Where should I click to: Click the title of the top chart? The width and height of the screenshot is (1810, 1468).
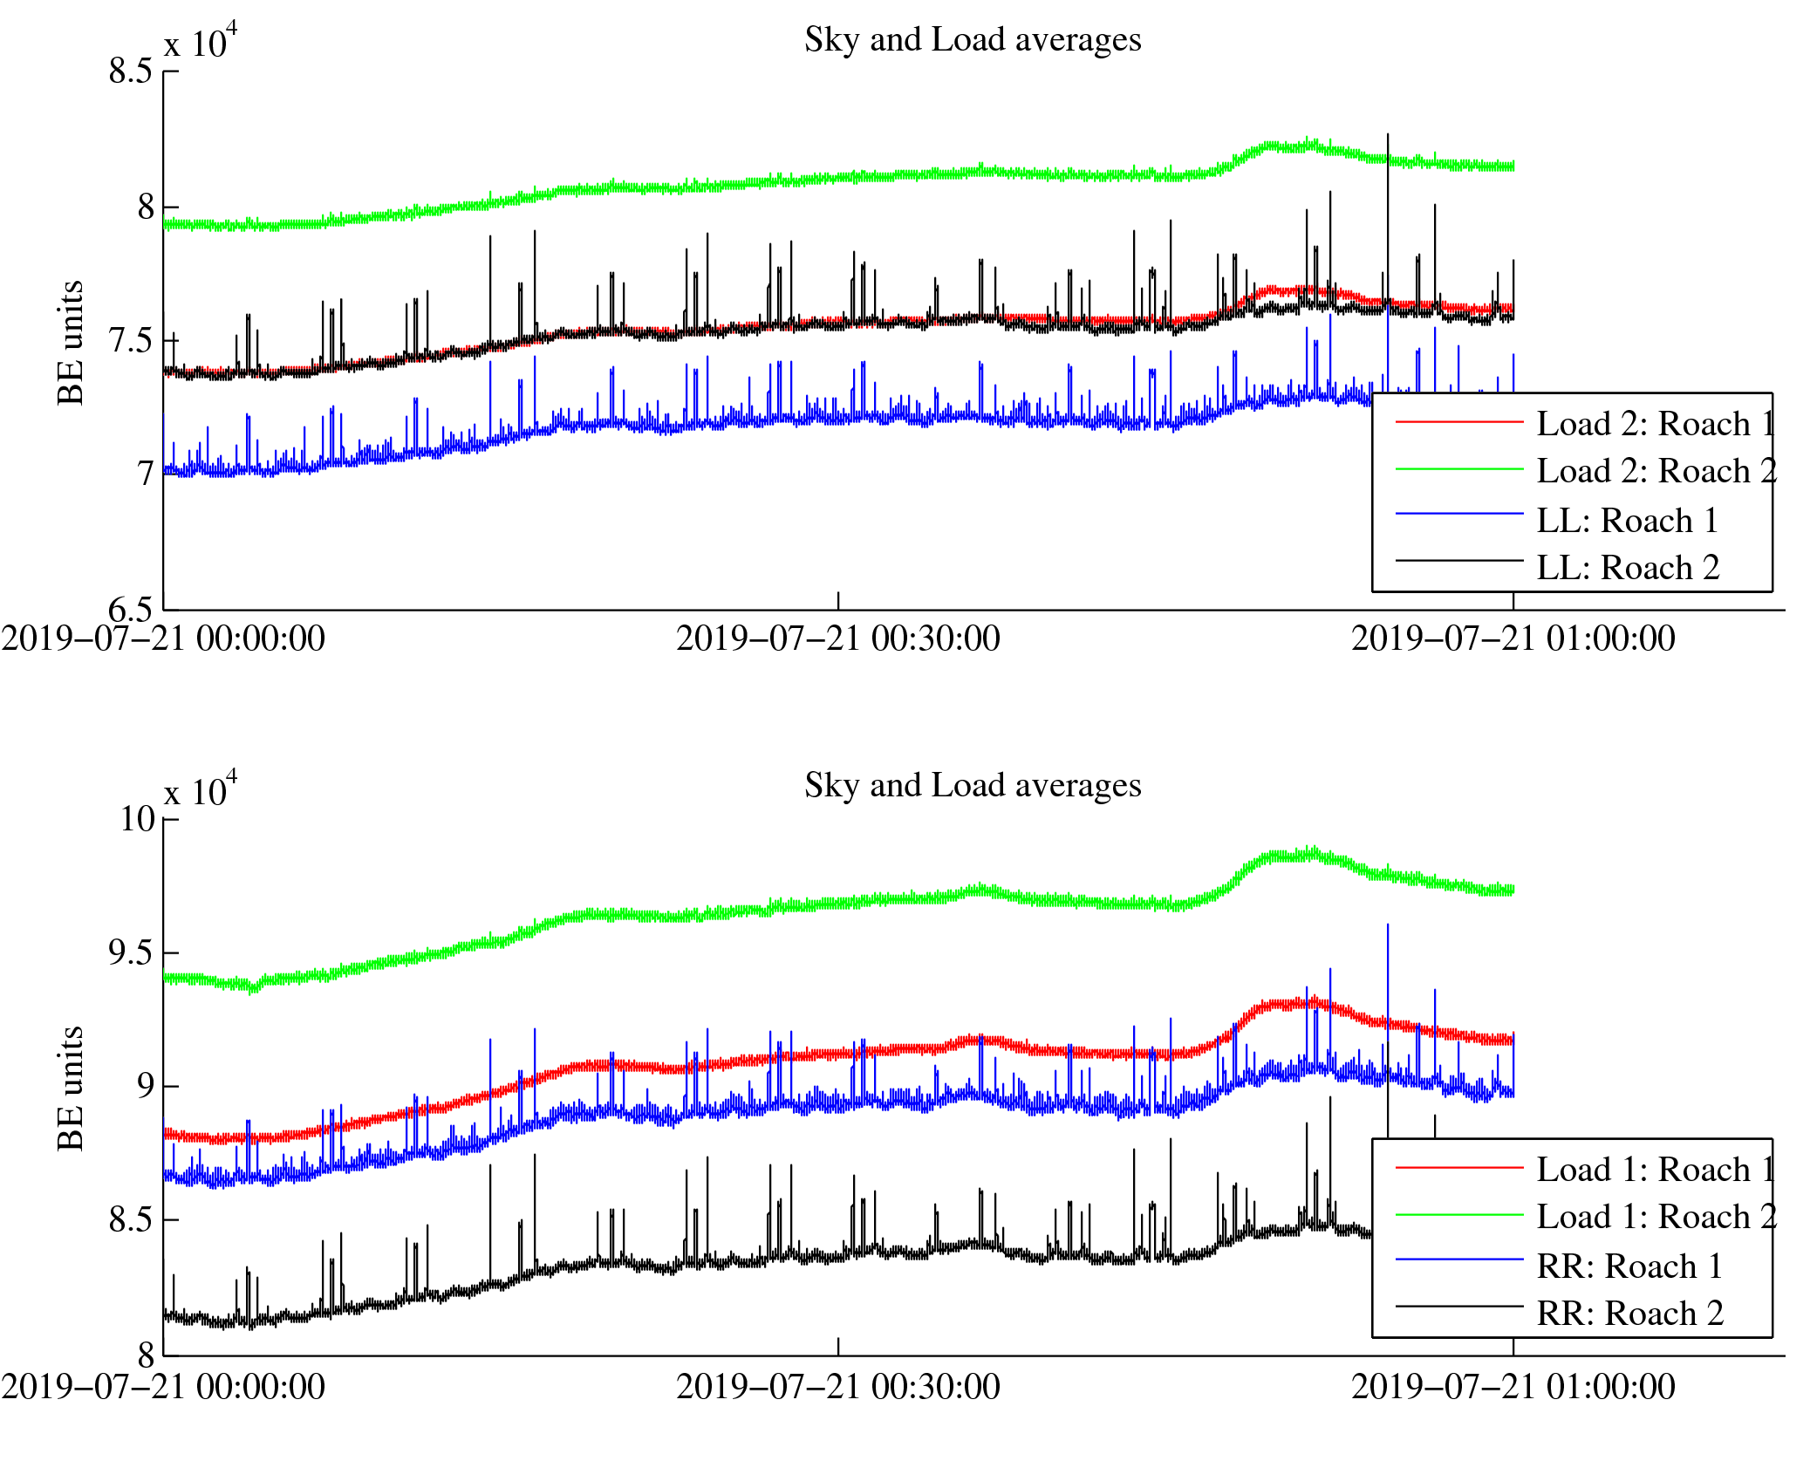(x=972, y=40)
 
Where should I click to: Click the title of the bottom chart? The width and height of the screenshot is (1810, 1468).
(x=972, y=786)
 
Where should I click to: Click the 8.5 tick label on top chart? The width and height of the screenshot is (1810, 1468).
(x=131, y=72)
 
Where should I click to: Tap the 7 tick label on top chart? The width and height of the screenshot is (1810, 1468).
(x=145, y=474)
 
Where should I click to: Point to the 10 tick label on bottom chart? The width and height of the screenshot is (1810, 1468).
(x=137, y=819)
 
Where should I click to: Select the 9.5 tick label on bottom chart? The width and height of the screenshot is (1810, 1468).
(x=131, y=953)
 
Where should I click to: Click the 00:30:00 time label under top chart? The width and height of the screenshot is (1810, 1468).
(x=837, y=639)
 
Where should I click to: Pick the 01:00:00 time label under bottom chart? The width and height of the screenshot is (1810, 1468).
(x=1513, y=1387)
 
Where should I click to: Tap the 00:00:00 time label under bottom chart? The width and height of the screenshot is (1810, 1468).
(x=163, y=1387)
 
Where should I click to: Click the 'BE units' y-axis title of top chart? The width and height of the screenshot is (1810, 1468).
(x=71, y=343)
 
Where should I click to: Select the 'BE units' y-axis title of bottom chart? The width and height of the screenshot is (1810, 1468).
(x=71, y=1089)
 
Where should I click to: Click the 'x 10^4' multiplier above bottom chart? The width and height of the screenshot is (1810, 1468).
(x=201, y=790)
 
